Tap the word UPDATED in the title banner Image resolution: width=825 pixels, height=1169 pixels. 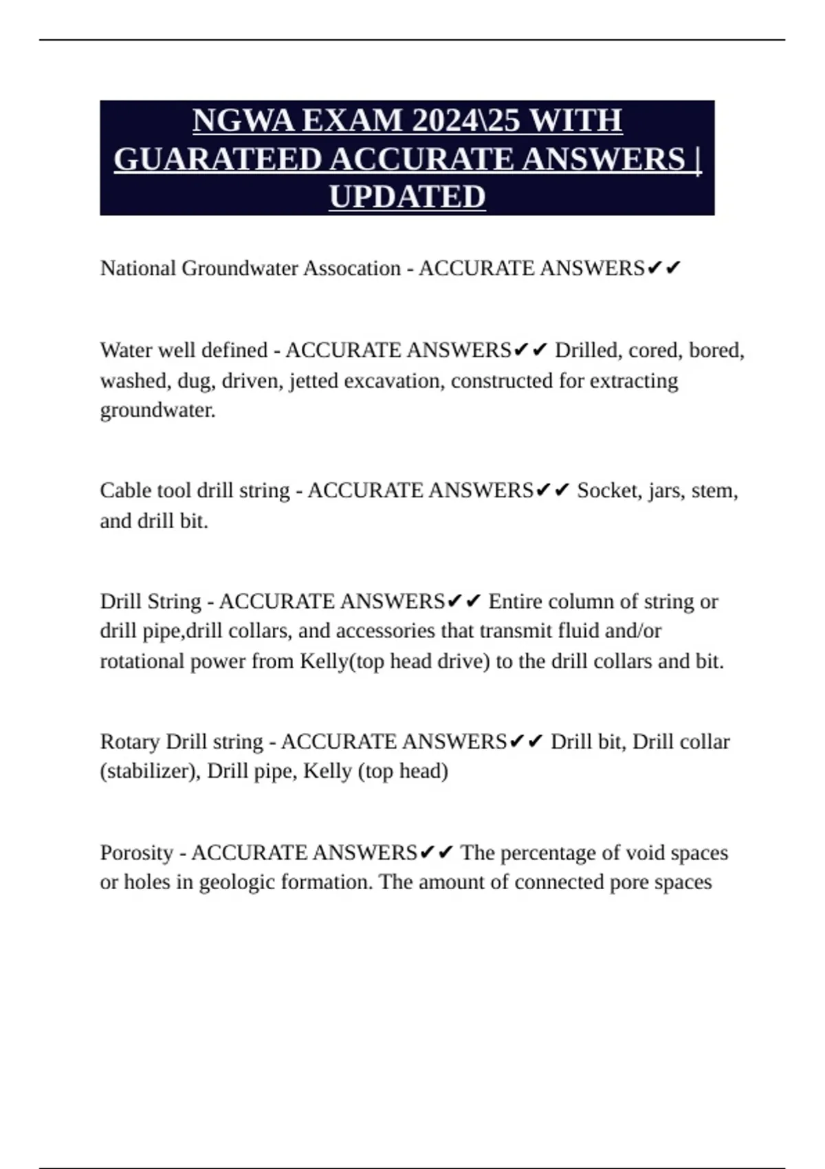[x=407, y=197]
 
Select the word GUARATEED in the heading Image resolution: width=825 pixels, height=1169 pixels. [x=218, y=160]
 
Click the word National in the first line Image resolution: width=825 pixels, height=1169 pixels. [x=137, y=268]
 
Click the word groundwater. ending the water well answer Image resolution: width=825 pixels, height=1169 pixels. [x=157, y=411]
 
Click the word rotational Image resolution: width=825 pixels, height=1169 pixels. [x=142, y=662]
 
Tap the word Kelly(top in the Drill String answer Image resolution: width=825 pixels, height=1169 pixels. [x=342, y=662]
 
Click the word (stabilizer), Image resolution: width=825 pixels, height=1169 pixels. [x=151, y=772]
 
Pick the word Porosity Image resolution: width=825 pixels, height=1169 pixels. [x=137, y=853]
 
